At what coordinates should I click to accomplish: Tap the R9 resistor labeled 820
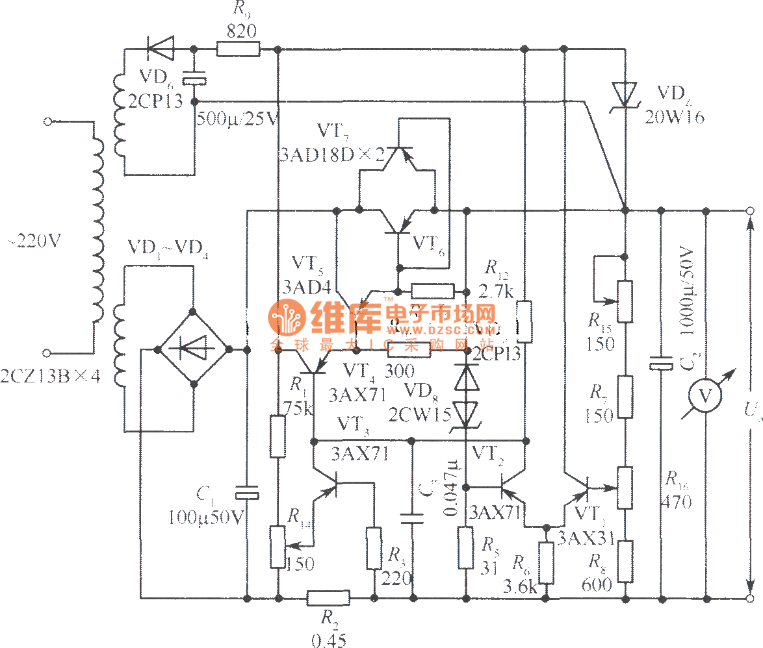pyautogui.click(x=238, y=49)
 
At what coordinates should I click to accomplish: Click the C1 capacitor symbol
pyautogui.click(x=247, y=493)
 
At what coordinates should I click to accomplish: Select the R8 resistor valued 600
pyautogui.click(x=625, y=561)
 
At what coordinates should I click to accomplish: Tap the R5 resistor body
pyautogui.click(x=466, y=548)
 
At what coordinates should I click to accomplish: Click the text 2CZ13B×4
pyautogui.click(x=51, y=376)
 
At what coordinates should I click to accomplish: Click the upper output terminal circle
pyautogui.click(x=749, y=210)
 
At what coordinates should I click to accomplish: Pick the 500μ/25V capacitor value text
pyautogui.click(x=237, y=119)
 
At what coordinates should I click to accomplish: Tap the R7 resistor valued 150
pyautogui.click(x=625, y=396)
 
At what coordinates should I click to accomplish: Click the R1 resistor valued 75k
pyautogui.click(x=278, y=436)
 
